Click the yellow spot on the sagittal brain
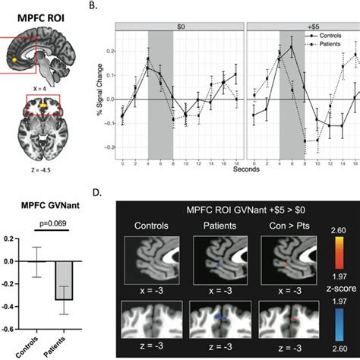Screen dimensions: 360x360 pos(15,56)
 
